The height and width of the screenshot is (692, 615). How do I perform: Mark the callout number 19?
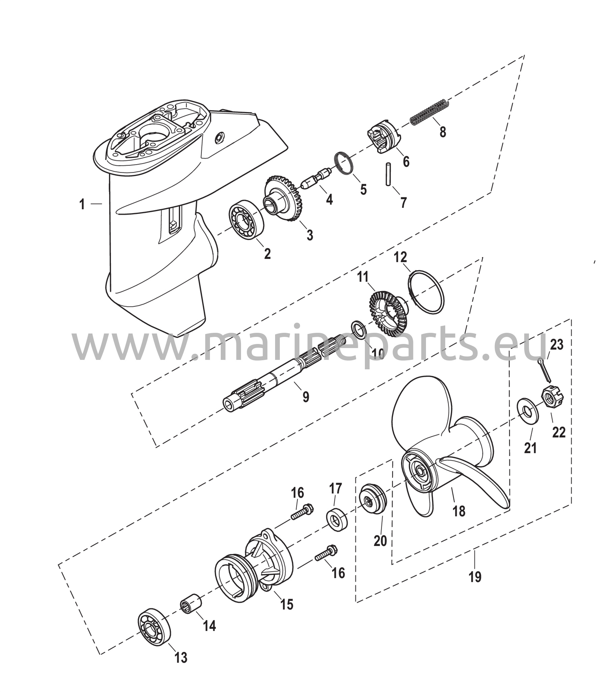point(475,576)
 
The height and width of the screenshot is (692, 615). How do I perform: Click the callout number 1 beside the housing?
point(82,204)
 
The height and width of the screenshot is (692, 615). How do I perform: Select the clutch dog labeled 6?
point(383,137)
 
